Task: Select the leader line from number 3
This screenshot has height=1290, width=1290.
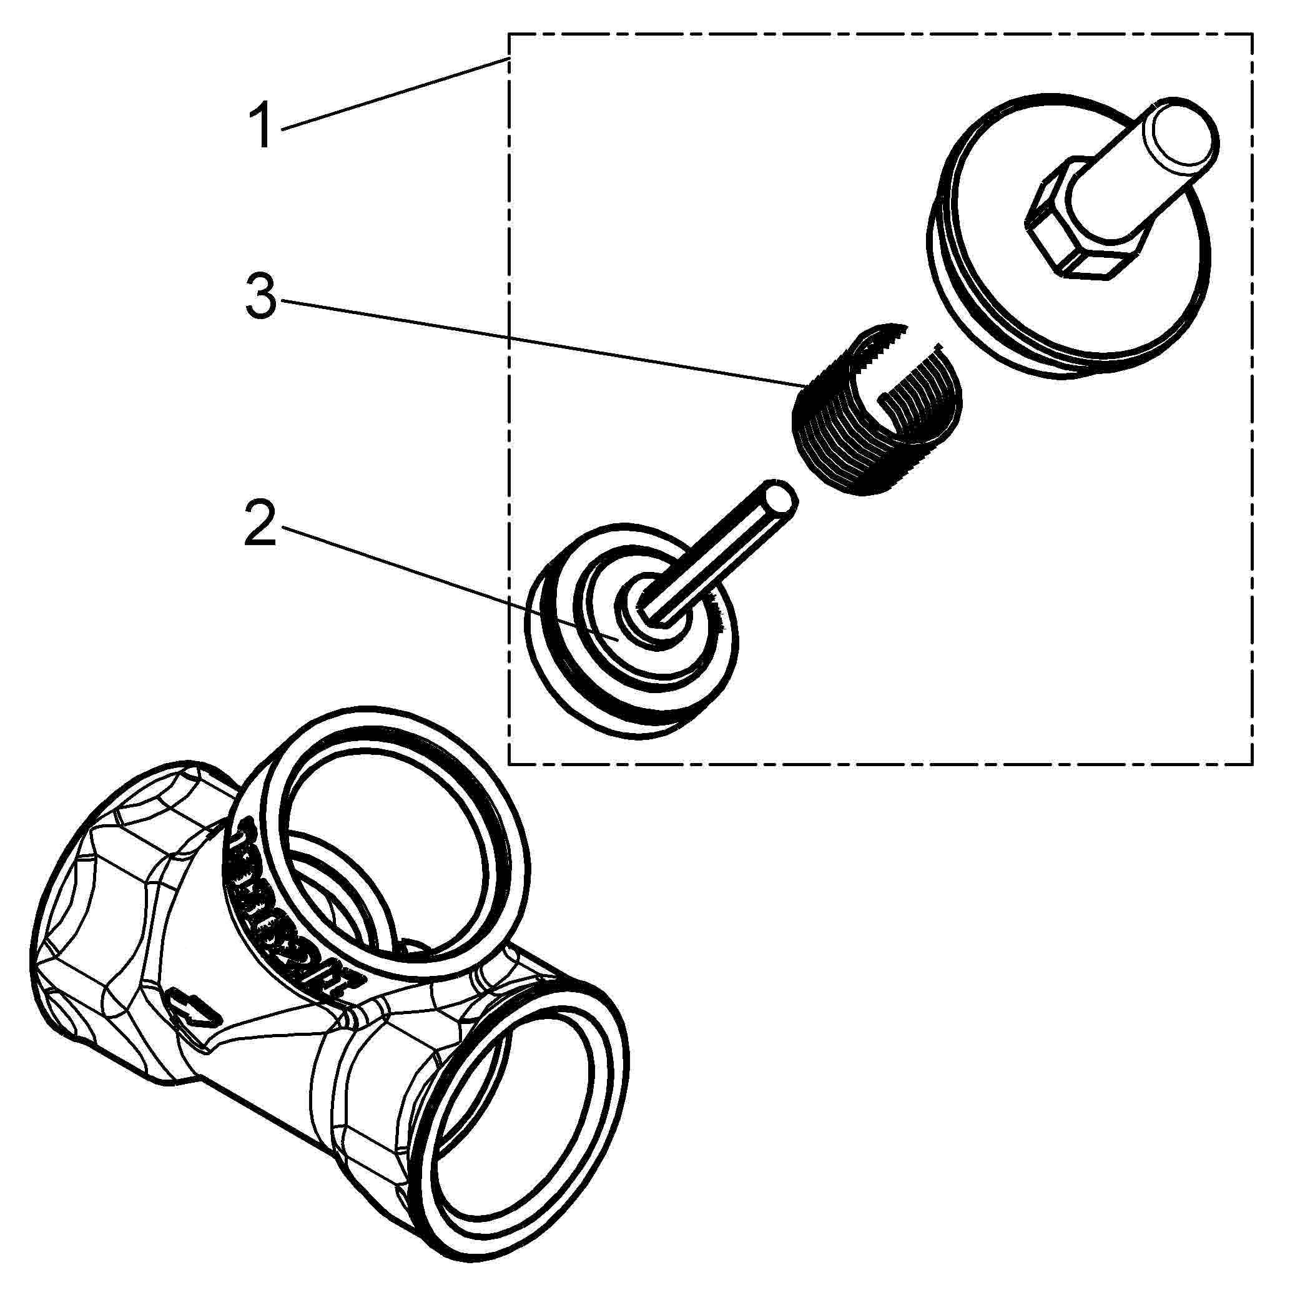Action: click(x=534, y=342)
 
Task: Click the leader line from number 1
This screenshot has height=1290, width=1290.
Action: click(x=394, y=94)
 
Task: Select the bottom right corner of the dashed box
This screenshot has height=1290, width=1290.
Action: click(x=1252, y=764)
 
